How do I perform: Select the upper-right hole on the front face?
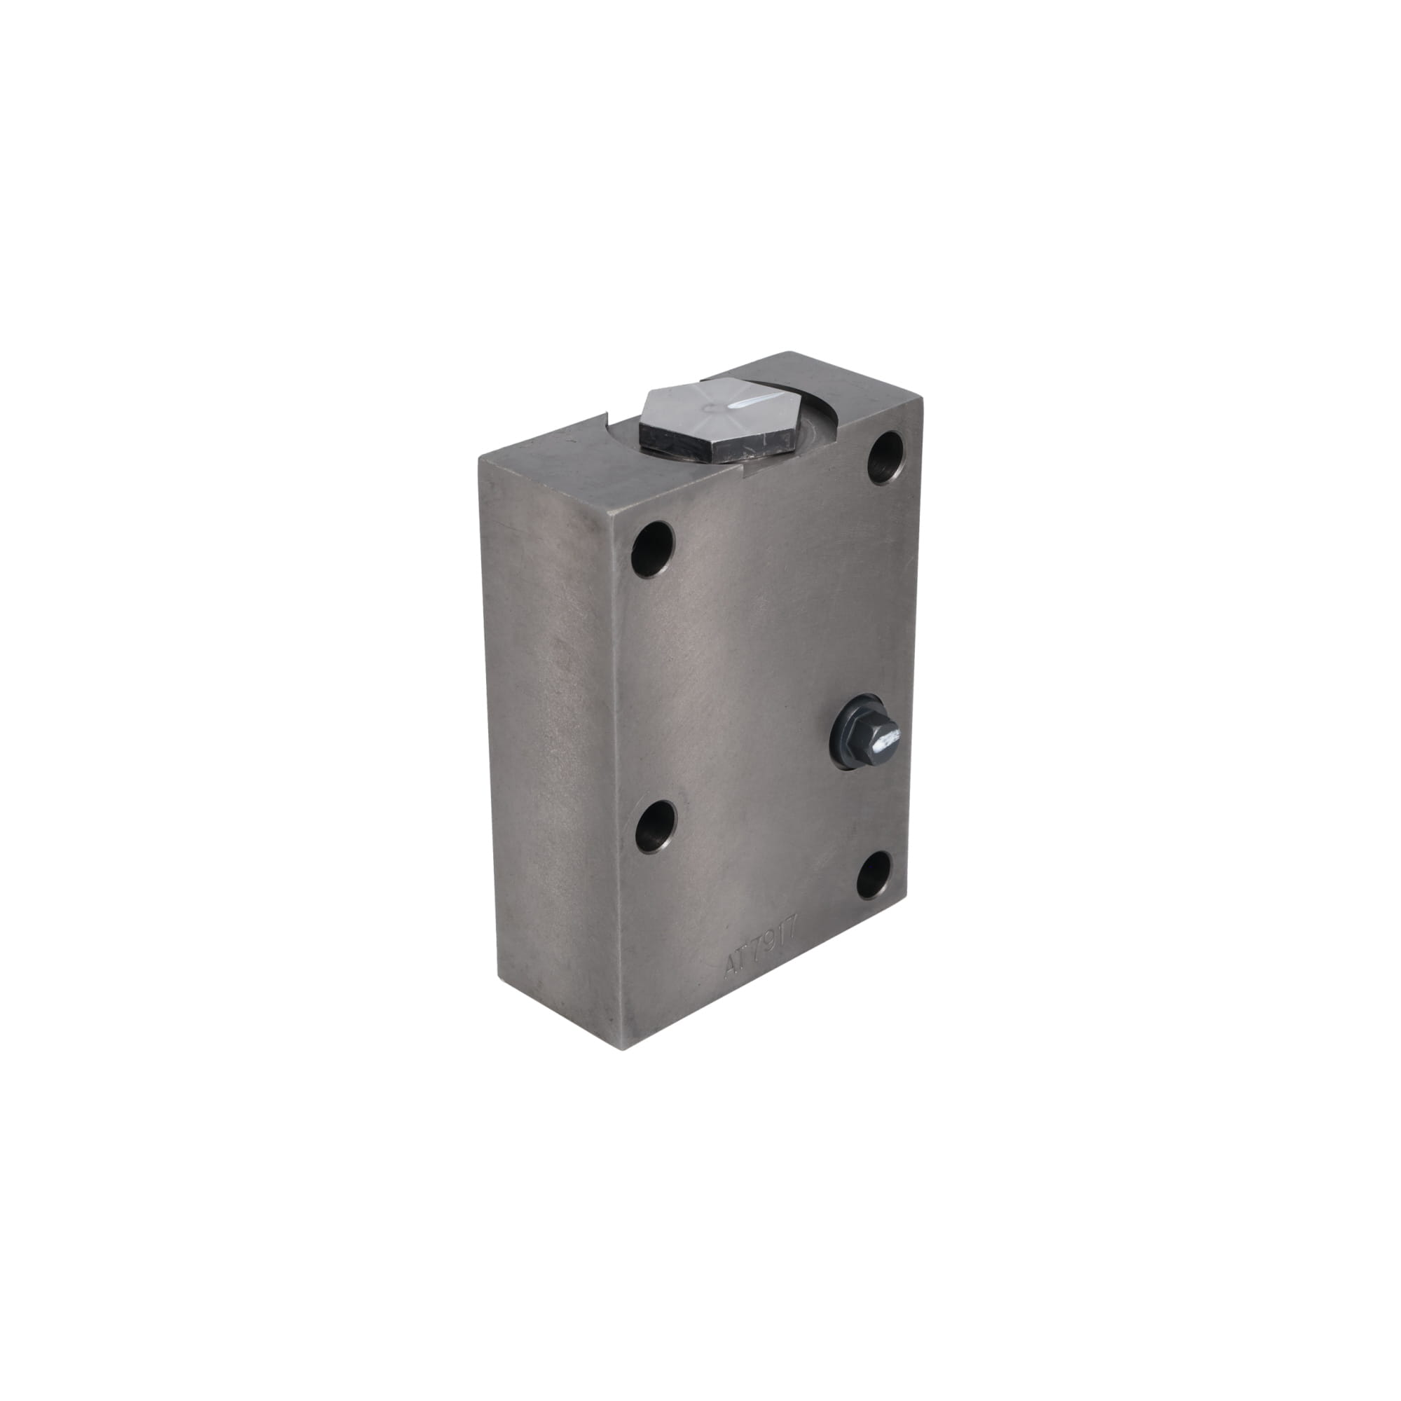click(886, 457)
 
